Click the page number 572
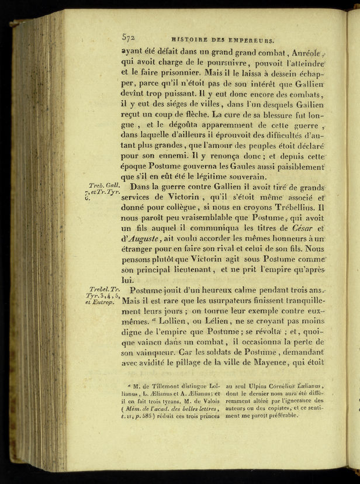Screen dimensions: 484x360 click(x=129, y=36)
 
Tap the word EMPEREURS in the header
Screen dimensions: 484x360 click(x=250, y=42)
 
